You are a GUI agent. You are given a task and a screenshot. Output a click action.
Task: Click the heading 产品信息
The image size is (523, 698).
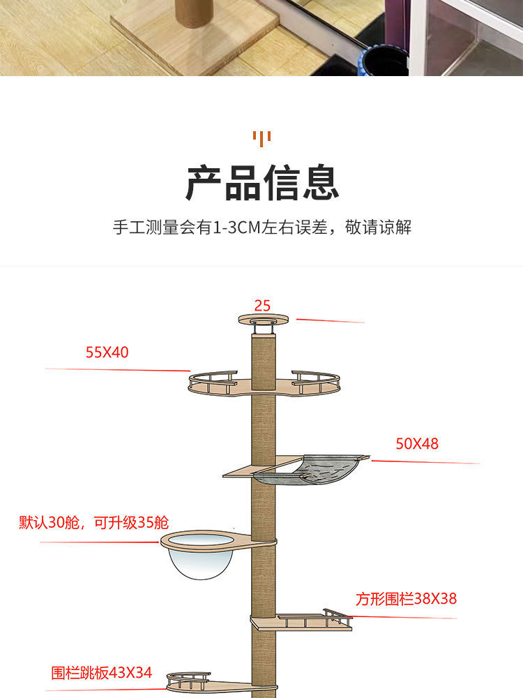[261, 182]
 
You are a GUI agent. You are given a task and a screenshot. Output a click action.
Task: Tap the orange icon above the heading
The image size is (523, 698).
[261, 138]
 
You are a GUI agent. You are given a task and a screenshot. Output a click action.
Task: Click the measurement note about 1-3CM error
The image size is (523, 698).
[261, 228]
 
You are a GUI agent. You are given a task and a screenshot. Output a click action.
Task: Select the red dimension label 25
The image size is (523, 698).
[262, 305]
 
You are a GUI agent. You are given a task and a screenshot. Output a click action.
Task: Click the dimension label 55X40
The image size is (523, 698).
[107, 352]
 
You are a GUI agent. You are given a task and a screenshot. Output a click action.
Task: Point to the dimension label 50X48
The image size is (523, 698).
[417, 443]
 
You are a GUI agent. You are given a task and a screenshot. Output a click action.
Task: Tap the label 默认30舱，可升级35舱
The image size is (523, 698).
[93, 522]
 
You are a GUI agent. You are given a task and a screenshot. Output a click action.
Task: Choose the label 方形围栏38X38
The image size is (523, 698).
[407, 598]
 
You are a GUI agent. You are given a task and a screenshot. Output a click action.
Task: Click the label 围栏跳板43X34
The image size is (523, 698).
[101, 673]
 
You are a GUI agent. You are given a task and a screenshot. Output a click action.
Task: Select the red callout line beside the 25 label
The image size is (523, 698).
[331, 321]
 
